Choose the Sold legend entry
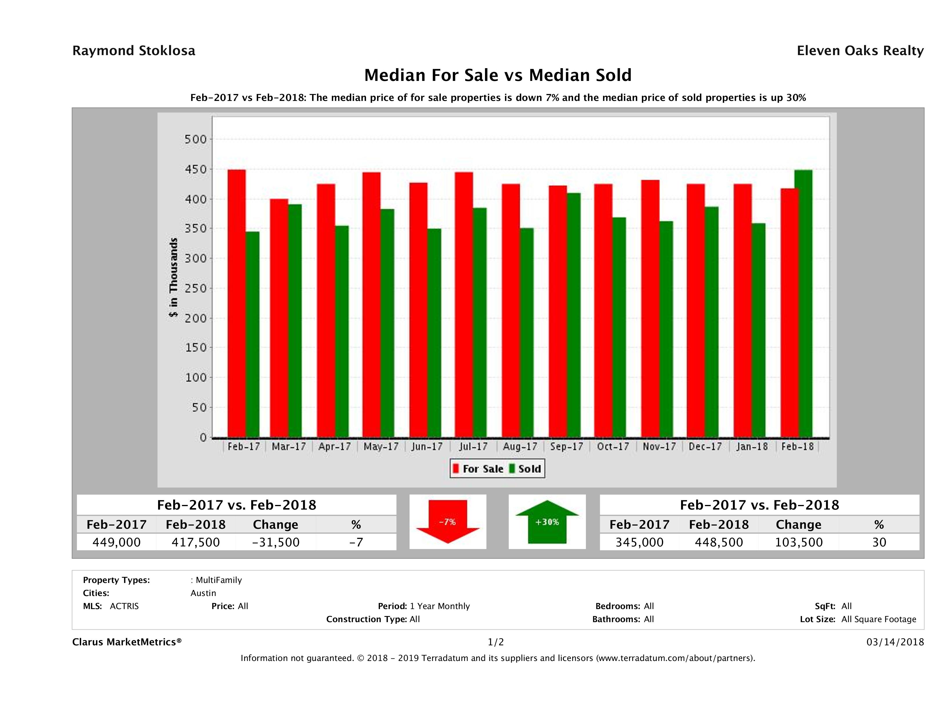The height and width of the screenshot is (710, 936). [525, 469]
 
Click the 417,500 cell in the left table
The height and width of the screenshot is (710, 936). [195, 542]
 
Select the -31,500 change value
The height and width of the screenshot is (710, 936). [276, 542]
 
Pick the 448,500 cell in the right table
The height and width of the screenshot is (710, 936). [718, 542]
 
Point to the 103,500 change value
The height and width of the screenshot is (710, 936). [799, 542]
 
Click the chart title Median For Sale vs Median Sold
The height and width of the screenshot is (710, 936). [498, 75]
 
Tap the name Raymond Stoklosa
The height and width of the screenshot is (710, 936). [134, 51]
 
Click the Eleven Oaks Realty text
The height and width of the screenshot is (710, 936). [860, 51]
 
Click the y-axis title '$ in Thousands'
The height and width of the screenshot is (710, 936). [173, 277]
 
